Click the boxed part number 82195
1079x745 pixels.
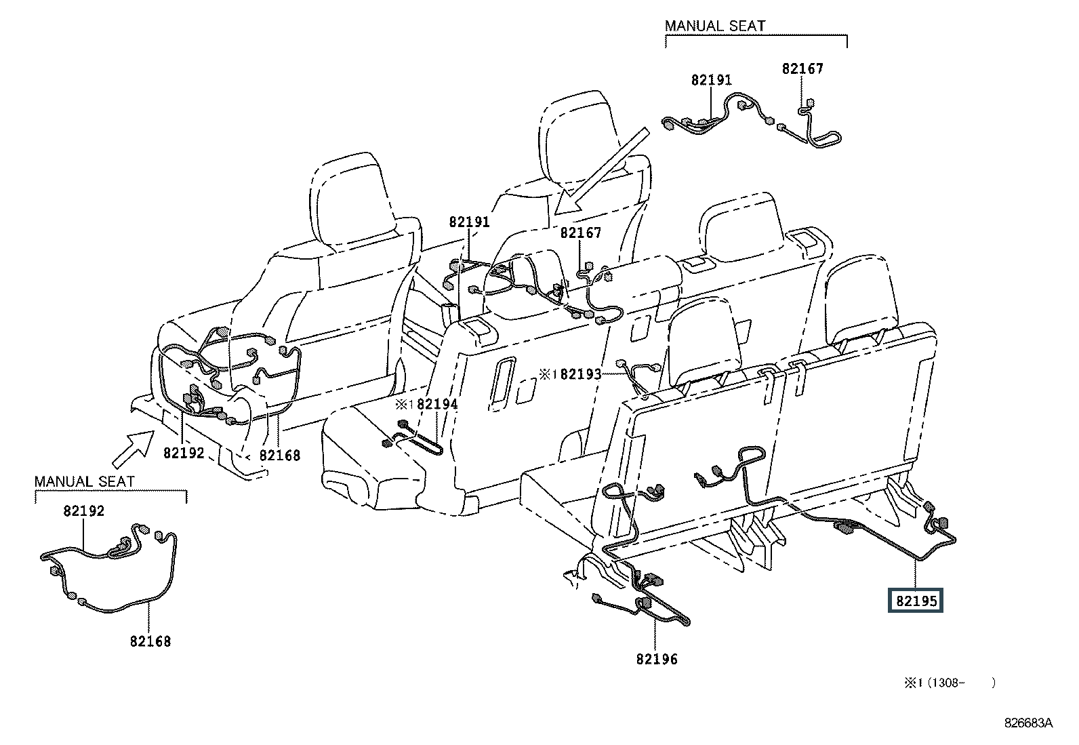point(915,601)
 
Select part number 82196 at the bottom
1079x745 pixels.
point(657,659)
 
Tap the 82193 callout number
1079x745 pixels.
point(581,374)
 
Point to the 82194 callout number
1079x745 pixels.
point(437,404)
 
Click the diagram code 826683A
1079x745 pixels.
point(1028,723)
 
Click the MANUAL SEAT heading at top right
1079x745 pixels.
point(715,26)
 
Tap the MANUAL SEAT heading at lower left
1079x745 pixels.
point(84,481)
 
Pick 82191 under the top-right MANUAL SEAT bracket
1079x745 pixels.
point(712,79)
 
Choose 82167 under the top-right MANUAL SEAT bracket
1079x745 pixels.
point(802,68)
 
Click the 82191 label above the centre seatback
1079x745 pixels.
point(469,222)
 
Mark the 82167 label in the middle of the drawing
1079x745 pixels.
point(580,233)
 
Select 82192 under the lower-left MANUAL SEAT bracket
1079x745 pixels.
point(84,510)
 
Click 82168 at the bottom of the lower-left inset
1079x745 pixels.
point(150,641)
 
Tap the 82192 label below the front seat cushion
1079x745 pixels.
point(184,453)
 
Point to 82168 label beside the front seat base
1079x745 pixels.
point(279,455)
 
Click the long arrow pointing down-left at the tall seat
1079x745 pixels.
point(602,172)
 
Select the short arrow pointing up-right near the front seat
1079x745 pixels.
point(134,449)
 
